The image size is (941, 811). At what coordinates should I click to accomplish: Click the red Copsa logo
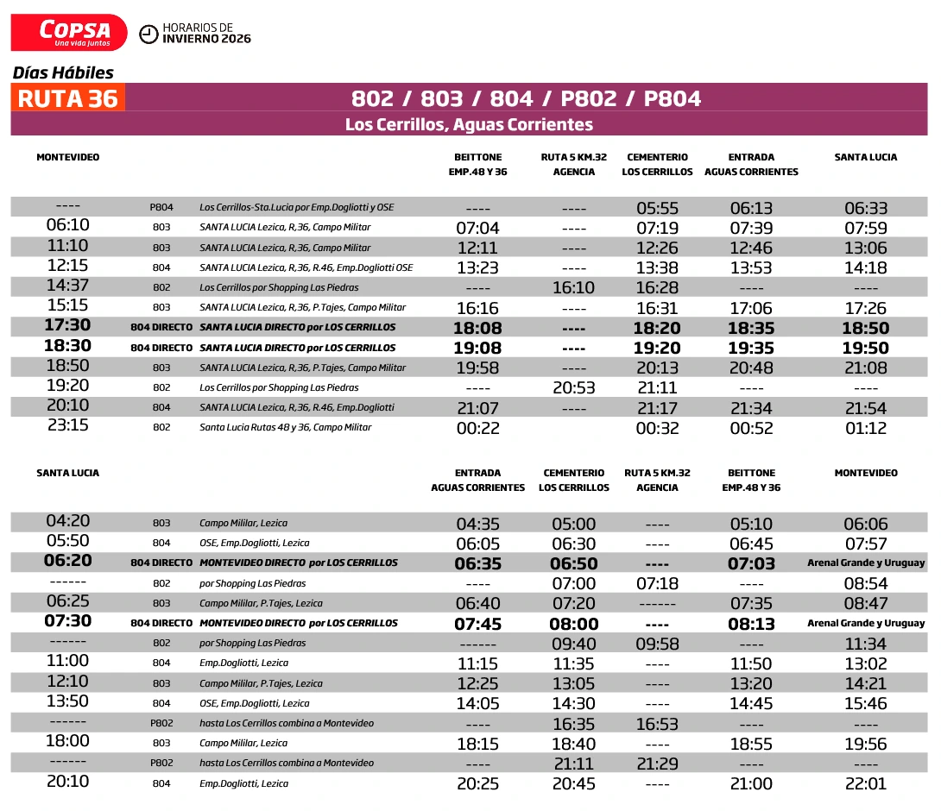[69, 33]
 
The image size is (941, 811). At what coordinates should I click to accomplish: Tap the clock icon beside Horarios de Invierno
[148, 34]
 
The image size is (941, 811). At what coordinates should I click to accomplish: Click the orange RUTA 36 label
[68, 98]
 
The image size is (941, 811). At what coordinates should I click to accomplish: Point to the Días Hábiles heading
[63, 73]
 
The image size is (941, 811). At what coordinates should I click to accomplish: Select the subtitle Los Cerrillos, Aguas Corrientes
[469, 124]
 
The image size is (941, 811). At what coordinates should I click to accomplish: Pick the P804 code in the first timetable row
[161, 207]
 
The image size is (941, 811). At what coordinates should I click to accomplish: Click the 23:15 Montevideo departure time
[68, 425]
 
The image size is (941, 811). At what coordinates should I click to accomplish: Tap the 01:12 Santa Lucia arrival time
[866, 429]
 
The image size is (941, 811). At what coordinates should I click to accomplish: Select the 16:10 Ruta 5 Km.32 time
[574, 288]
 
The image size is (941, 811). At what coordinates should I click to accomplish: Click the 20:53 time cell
[574, 388]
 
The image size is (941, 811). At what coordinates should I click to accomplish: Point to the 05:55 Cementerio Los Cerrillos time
[657, 208]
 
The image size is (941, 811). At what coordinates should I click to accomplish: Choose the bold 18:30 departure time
[68, 345]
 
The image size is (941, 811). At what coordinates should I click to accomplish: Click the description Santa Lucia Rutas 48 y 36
[285, 428]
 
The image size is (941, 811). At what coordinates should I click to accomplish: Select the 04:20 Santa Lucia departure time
[68, 521]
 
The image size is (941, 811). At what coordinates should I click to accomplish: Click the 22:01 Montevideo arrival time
[866, 784]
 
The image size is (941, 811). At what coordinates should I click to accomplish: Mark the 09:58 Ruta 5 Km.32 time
[657, 644]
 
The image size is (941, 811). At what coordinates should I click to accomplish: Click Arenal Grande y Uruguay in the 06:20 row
[866, 563]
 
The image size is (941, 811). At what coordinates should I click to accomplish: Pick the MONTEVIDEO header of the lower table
[866, 473]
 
